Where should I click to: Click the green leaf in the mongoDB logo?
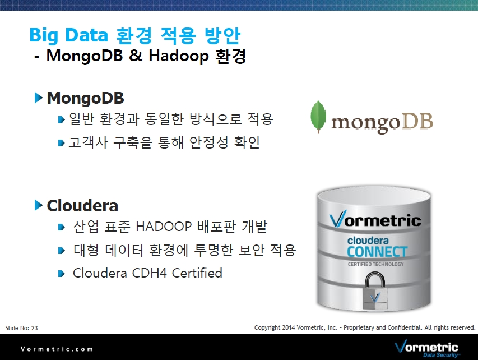tap(318, 117)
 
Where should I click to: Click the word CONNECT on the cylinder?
tap(377, 252)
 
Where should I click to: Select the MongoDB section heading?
tap(85, 98)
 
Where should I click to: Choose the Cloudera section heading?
tap(82, 206)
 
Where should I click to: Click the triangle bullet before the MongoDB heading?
tap(39, 98)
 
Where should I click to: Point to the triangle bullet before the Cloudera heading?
tap(39, 205)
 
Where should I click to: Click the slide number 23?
tap(34, 328)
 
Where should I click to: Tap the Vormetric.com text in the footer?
tap(57, 349)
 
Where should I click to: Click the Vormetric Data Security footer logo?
tap(426, 348)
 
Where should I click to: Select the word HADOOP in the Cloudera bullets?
tap(164, 227)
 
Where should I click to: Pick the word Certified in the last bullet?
tap(197, 273)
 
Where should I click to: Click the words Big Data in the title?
tap(68, 35)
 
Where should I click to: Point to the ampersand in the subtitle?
tap(136, 56)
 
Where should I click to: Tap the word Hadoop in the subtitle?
tap(179, 57)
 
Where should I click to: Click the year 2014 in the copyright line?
tap(289, 327)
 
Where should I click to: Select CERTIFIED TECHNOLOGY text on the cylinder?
tap(375, 264)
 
